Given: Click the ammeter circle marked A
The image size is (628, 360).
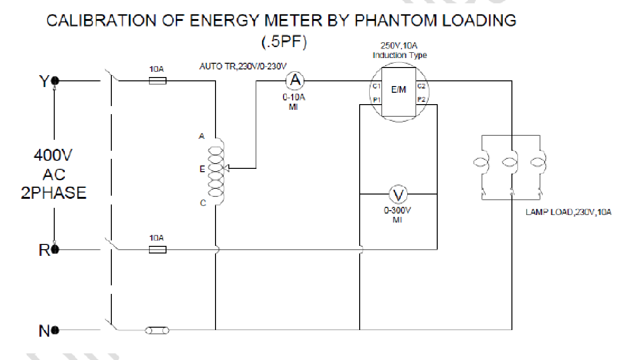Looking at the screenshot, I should [x=295, y=81].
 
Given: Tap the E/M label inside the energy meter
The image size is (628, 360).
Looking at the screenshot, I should [x=399, y=90].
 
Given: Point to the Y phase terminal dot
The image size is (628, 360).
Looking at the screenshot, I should [x=55, y=81].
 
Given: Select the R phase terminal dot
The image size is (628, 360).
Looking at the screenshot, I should [x=55, y=249].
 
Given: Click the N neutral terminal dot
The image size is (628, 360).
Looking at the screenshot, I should [x=55, y=330].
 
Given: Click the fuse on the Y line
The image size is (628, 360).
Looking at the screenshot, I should [x=157, y=81].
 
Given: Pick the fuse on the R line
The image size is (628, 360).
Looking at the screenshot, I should [x=157, y=249].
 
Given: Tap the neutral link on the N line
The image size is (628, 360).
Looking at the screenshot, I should [x=157, y=330].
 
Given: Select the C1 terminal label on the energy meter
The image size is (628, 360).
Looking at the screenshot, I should [x=376, y=86].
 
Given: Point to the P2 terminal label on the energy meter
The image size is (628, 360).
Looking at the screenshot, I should [x=421, y=99].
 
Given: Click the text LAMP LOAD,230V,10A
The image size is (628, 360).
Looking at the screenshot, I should [x=568, y=213].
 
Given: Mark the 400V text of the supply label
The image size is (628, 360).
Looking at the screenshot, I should [x=53, y=156].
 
